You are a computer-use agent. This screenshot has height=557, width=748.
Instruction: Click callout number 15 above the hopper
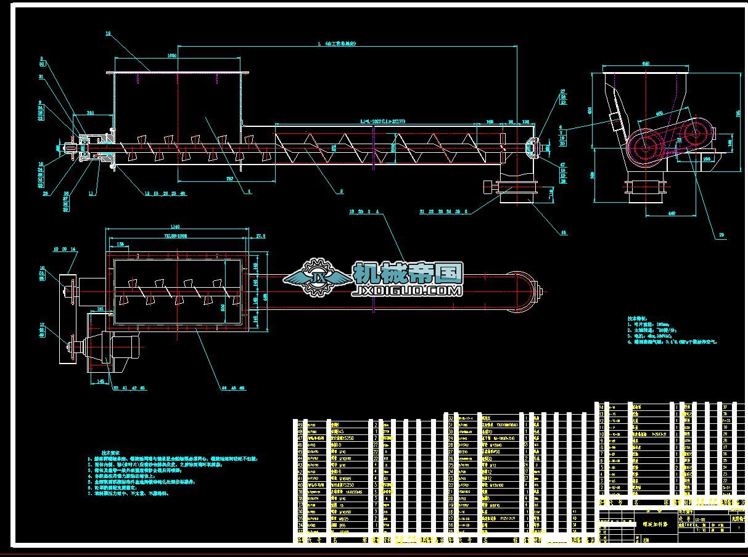click(108, 34)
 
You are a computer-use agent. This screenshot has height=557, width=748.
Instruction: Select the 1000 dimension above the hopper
click(171, 55)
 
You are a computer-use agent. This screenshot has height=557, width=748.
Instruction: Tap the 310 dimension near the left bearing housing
click(90, 113)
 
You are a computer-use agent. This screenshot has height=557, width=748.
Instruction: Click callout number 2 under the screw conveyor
click(341, 192)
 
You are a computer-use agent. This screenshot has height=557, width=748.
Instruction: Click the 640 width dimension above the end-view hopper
click(646, 63)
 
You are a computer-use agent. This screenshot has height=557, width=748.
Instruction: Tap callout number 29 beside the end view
click(721, 235)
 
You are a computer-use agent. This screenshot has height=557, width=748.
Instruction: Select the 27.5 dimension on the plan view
click(260, 235)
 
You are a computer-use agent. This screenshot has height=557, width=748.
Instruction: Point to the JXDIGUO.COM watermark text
click(408, 290)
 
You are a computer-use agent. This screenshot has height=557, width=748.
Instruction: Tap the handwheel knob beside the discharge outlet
click(487, 186)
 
